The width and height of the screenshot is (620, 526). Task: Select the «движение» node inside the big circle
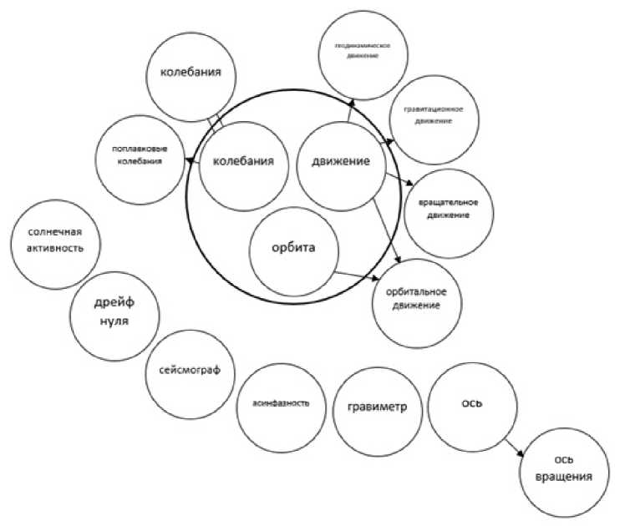(340, 162)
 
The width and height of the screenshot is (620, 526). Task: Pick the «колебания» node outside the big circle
(190, 74)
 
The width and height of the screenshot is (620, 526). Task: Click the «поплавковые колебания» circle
(140, 155)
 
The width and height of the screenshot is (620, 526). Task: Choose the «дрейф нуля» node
(111, 313)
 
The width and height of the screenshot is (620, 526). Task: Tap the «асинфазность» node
(281, 402)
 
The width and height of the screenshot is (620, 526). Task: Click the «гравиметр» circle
(376, 407)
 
